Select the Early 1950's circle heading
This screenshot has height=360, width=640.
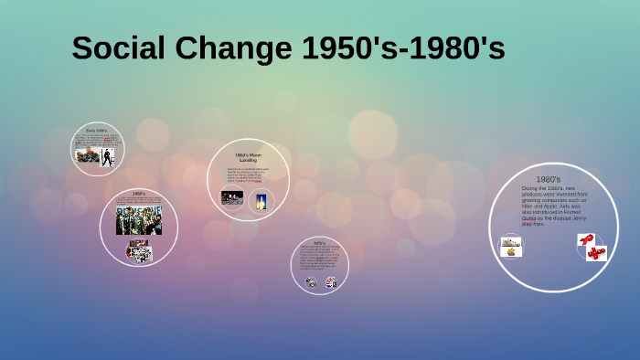pyautogui.click(x=97, y=131)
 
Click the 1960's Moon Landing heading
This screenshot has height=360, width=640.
pyautogui.click(x=248, y=157)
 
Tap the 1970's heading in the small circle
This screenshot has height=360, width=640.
pyautogui.click(x=319, y=243)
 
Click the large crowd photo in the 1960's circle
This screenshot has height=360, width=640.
pyautogui.click(x=138, y=220)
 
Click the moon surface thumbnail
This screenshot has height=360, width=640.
pyautogui.click(x=232, y=198)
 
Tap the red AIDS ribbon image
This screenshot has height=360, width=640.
pyautogui.click(x=586, y=239)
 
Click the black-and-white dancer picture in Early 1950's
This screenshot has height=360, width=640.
pyautogui.click(x=107, y=156)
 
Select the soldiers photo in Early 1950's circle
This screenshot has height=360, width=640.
pyautogui.click(x=87, y=155)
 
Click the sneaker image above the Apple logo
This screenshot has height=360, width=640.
pyautogui.click(x=510, y=242)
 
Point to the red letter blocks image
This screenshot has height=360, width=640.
pyautogui.click(x=597, y=252)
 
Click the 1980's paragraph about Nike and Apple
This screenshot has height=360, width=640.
pyautogui.click(x=555, y=206)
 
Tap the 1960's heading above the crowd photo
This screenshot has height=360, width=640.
pyautogui.click(x=139, y=194)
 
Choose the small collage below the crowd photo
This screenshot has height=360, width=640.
pyautogui.click(x=139, y=251)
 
